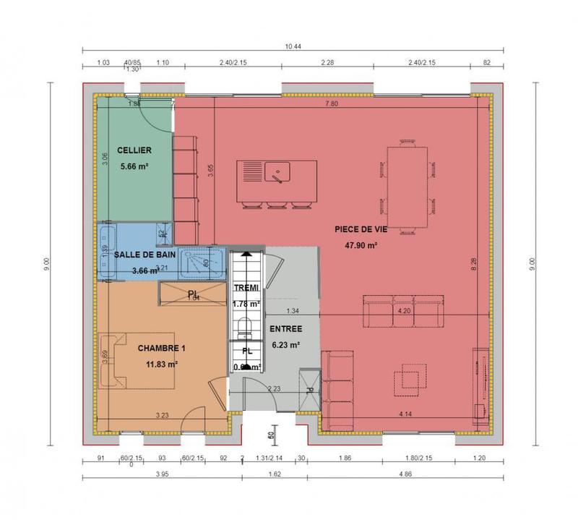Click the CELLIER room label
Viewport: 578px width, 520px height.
[135, 150]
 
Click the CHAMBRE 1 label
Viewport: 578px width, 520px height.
[162, 349]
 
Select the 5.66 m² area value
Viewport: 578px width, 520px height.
[135, 166]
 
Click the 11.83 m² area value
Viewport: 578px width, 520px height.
[162, 365]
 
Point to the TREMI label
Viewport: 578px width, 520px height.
[246, 288]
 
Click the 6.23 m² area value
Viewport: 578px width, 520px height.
[285, 345]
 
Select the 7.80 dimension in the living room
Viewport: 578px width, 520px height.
[331, 105]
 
